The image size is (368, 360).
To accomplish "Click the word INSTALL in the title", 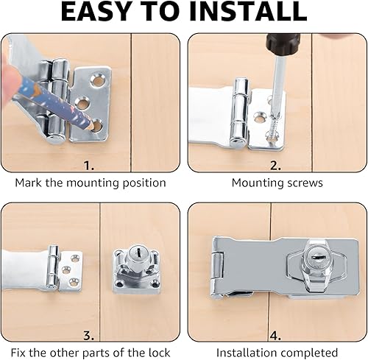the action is [248, 12].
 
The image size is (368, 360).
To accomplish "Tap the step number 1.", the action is [89, 166].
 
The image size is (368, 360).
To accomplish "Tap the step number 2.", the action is [275, 166].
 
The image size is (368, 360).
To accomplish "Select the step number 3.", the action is [88, 335].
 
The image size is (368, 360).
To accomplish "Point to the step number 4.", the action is [275, 335].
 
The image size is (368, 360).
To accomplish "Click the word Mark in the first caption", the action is [29, 183].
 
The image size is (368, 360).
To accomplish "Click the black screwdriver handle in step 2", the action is [283, 44].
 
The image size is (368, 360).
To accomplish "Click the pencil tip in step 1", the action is [91, 126].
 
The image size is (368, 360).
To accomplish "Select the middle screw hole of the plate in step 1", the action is [82, 103].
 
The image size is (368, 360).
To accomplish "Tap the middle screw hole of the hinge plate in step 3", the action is [65, 270].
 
